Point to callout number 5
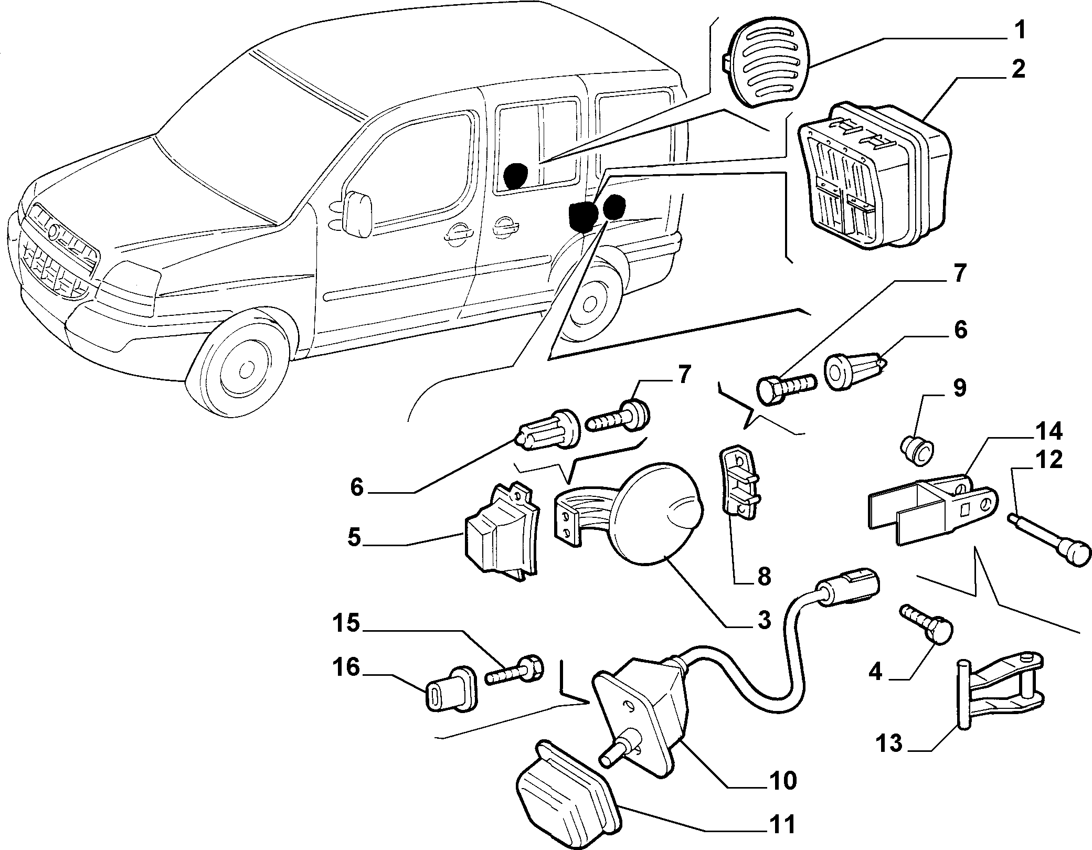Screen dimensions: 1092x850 [355, 538]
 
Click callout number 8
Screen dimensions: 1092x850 [764, 577]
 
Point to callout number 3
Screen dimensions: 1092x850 [764, 621]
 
